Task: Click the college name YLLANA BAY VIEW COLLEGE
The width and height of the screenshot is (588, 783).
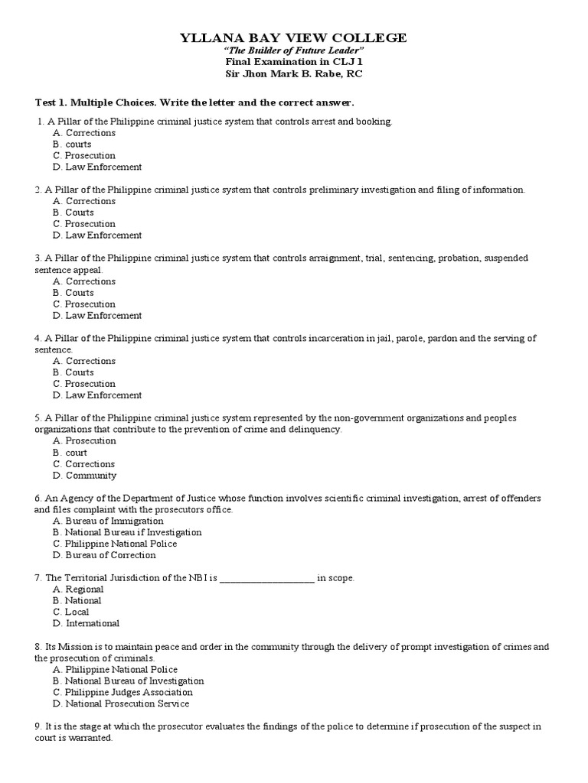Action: (x=293, y=38)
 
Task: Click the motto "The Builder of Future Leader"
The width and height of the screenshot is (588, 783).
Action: (x=293, y=51)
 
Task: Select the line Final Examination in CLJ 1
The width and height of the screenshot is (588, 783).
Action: (x=293, y=63)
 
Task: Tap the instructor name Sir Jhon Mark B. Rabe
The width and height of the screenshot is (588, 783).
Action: (x=293, y=74)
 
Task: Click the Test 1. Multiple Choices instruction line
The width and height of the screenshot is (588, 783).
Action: (x=195, y=102)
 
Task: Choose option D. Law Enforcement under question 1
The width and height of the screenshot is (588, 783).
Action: (x=97, y=167)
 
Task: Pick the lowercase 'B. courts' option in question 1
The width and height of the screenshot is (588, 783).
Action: (x=72, y=144)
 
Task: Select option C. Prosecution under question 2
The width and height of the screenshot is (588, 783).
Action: (x=84, y=224)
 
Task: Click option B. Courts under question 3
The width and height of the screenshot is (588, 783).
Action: (x=73, y=293)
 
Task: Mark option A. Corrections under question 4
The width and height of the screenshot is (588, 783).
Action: (x=84, y=361)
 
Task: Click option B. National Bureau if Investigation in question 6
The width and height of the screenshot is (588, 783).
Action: (x=127, y=532)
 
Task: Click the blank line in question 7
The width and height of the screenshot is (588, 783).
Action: (x=266, y=579)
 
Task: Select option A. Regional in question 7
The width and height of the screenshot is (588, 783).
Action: (x=78, y=590)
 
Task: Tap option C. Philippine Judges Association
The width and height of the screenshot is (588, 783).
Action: (x=122, y=692)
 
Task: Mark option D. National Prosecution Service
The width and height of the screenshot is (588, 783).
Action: (x=121, y=703)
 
